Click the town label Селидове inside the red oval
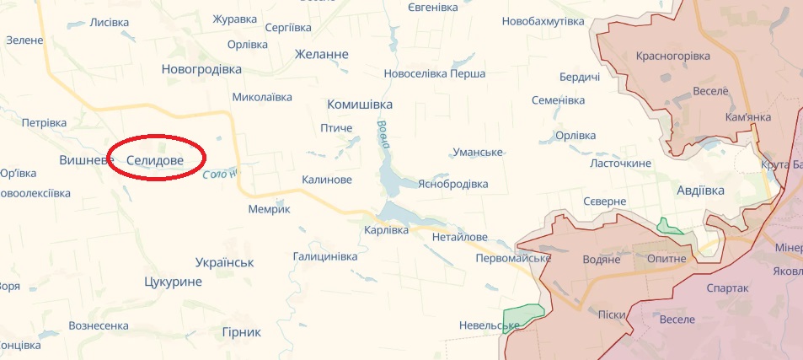click(155, 159)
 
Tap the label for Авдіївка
click(700, 191)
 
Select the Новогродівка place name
click(201, 69)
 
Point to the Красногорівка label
click(674, 56)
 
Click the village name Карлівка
click(387, 229)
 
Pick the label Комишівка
click(360, 104)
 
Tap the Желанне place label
click(321, 54)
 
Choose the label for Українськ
click(224, 262)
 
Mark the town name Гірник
click(241, 332)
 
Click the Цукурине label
click(173, 282)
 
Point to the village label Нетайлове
click(459, 238)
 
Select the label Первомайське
click(513, 258)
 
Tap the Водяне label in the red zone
click(602, 259)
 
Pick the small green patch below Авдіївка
click(669, 226)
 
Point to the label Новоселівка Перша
click(434, 73)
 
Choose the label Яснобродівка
click(452, 184)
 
